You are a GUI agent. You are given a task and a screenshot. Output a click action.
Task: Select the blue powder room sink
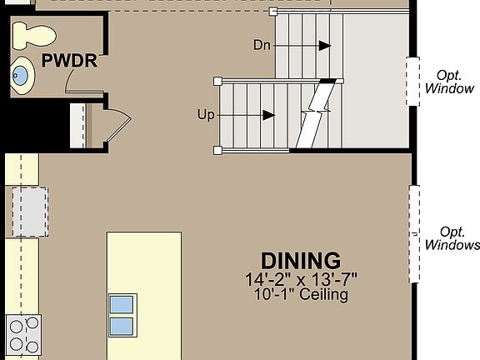22,77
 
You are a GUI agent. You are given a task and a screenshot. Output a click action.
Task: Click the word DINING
301,261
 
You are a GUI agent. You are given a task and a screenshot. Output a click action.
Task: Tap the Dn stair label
262,44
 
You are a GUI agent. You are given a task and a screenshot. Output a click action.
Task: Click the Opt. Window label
449,82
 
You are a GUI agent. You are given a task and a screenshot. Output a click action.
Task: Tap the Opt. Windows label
452,238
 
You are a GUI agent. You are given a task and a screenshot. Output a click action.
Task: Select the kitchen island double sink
121,315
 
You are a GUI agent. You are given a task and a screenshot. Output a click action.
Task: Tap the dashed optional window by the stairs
412,81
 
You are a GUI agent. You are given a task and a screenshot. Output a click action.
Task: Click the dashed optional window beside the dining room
413,234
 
